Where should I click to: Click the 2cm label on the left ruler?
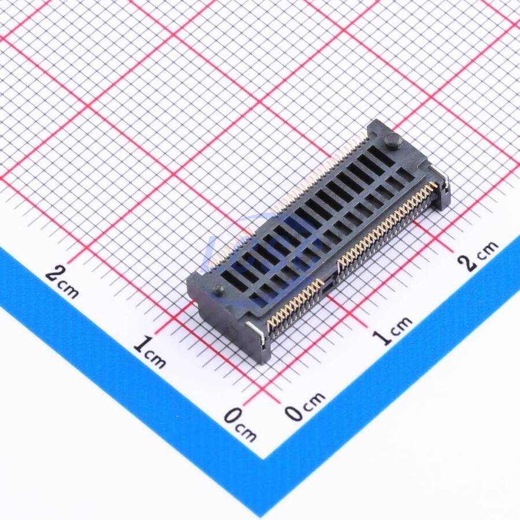click(62, 281)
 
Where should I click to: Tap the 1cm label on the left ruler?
click(150, 352)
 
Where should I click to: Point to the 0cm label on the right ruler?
click(305, 406)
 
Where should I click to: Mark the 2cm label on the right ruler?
click(478, 255)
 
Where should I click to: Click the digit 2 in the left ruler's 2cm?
click(54, 274)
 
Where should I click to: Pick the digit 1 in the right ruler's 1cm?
click(380, 337)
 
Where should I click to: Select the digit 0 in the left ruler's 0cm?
click(232, 417)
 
